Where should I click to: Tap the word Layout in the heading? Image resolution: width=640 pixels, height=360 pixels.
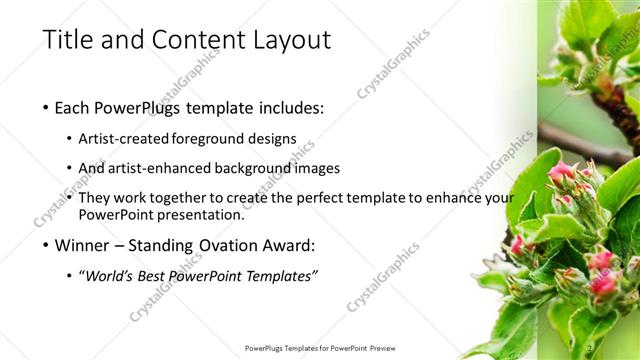289,40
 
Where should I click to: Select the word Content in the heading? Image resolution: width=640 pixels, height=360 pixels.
196,40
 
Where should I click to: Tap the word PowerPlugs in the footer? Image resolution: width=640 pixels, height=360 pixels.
268,348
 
